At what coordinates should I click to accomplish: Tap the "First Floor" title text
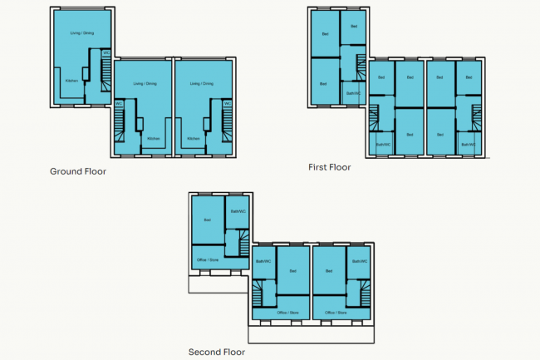click(x=329, y=167)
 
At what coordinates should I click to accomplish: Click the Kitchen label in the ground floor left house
click(x=72, y=81)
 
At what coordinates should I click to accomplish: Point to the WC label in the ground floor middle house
click(x=119, y=103)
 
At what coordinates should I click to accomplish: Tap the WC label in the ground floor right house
click(x=226, y=103)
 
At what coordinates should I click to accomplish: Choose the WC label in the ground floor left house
click(x=106, y=54)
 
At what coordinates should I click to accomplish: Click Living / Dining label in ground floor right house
click(x=202, y=83)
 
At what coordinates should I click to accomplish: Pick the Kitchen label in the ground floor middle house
click(x=153, y=138)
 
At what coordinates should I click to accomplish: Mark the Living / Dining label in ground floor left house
click(x=81, y=33)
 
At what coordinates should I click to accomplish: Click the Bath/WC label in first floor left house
click(x=353, y=93)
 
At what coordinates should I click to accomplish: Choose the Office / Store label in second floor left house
click(x=207, y=260)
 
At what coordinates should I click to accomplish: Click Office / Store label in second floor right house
click(x=336, y=313)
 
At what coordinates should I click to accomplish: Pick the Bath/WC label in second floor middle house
click(x=263, y=261)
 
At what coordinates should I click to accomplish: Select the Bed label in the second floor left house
click(x=207, y=219)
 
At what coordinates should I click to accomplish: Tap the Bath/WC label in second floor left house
click(x=238, y=211)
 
